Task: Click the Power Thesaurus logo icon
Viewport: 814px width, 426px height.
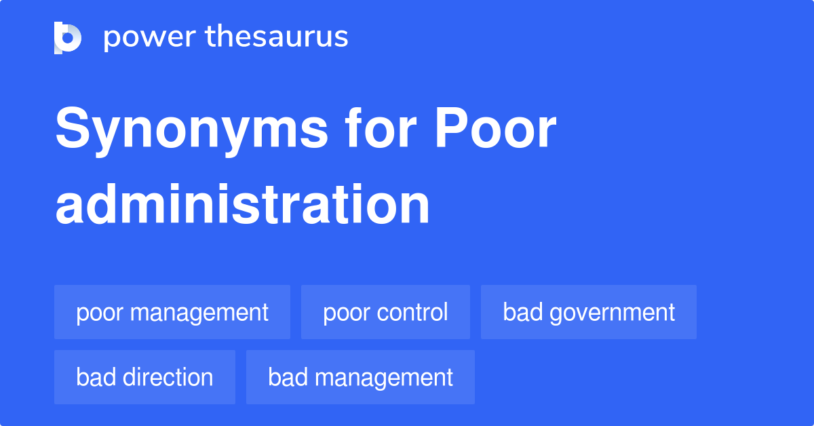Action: click(68, 37)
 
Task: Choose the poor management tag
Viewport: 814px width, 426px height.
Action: click(172, 312)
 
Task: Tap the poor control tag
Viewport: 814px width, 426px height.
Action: click(385, 312)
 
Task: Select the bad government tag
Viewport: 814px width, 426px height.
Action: click(589, 312)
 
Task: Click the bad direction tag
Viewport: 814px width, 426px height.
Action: click(144, 377)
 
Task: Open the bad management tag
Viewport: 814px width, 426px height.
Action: click(360, 377)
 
